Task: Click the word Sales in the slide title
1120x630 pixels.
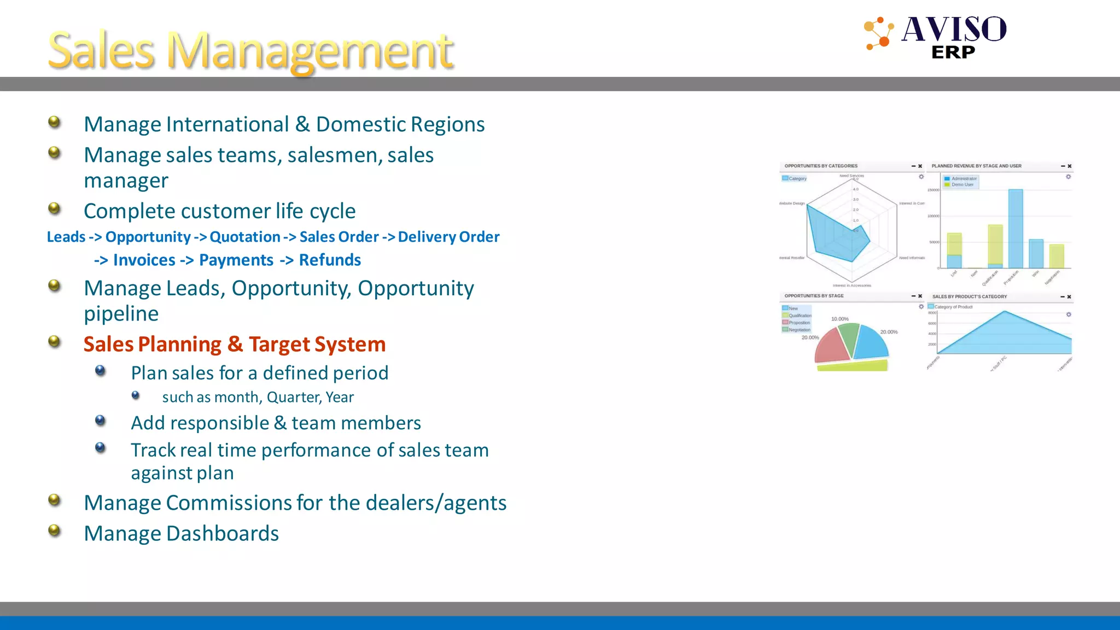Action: (101, 50)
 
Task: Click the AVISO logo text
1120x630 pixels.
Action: (954, 30)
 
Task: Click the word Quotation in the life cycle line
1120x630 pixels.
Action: (244, 237)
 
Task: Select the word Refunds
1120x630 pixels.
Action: (330, 260)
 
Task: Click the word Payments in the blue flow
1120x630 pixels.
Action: (236, 260)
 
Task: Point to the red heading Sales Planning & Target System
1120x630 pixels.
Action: (234, 344)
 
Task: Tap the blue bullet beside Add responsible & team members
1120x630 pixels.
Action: (100, 420)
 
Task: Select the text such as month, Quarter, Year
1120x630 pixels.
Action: (258, 397)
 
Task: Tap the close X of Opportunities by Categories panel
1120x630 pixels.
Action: (920, 166)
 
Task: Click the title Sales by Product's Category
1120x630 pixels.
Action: (969, 296)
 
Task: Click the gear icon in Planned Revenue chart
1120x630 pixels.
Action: (1068, 177)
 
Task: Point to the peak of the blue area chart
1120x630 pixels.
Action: (1004, 312)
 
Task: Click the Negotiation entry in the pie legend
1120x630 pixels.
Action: (798, 330)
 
